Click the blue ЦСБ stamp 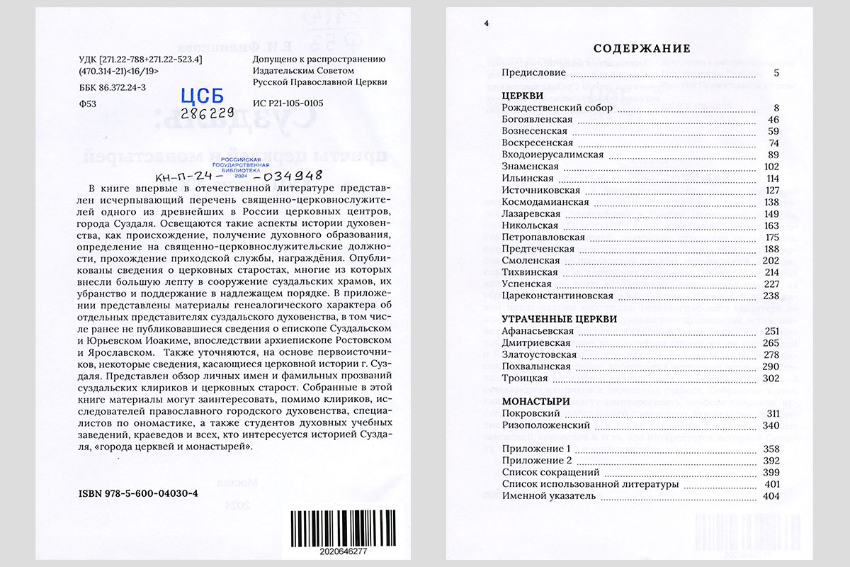point(203,96)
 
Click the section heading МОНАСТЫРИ point(531,400)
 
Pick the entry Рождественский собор point(557,108)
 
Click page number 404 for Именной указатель point(771,496)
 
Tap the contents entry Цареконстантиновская point(557,296)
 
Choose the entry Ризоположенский point(545,425)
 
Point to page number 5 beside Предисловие point(776,72)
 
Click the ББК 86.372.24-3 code point(113,88)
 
